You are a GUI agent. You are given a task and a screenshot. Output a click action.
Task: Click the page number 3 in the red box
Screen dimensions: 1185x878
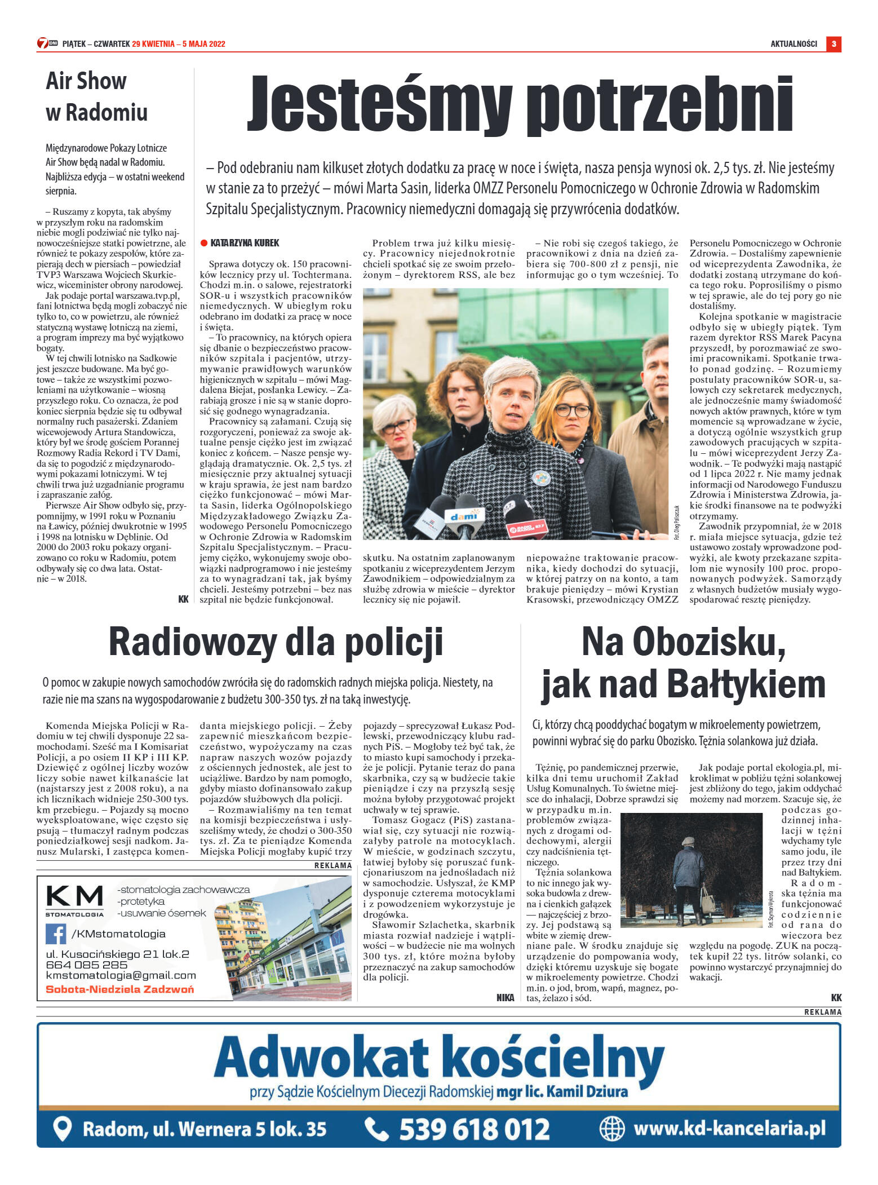(833, 44)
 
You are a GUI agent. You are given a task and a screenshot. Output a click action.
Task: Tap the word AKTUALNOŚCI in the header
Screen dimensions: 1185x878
(793, 44)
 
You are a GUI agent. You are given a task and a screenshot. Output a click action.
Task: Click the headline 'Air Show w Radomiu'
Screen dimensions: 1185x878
(96, 96)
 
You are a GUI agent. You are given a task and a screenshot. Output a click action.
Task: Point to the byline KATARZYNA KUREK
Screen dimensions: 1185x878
(245, 243)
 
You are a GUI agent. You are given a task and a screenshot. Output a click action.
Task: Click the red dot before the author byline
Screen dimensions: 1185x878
(204, 243)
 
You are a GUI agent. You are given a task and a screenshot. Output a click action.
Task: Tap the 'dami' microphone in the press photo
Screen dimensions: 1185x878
(464, 516)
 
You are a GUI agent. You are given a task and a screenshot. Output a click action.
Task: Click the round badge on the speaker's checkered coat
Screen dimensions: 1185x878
(540, 479)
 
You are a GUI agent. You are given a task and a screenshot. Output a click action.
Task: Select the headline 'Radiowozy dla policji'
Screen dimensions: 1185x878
(276, 642)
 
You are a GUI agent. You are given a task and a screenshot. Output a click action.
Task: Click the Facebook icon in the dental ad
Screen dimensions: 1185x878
(56, 934)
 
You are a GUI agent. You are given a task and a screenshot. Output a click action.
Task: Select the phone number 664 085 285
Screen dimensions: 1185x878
(87, 965)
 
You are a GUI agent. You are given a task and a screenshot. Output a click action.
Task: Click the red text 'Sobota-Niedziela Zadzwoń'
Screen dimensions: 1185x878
(120, 989)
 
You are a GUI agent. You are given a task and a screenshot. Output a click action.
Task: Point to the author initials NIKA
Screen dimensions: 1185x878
(505, 997)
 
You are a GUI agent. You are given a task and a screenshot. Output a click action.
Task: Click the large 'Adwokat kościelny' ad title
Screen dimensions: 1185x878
(439, 1060)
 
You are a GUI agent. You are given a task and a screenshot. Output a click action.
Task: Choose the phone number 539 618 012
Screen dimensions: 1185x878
(474, 1129)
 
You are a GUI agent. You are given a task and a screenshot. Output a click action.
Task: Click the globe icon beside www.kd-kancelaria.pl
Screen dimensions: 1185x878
(612, 1128)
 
